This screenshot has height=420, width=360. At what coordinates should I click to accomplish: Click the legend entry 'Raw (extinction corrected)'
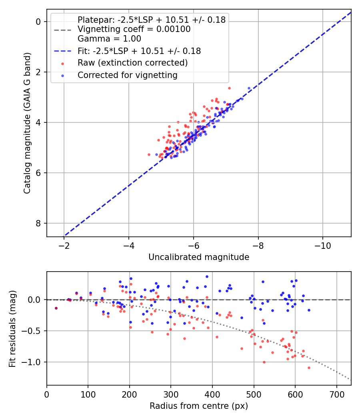(132, 63)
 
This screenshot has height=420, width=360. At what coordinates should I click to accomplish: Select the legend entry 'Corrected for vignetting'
(127, 75)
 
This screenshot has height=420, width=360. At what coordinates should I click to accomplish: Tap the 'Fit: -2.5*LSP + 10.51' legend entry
(139, 51)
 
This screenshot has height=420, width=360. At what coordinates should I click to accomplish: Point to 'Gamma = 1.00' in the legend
(109, 39)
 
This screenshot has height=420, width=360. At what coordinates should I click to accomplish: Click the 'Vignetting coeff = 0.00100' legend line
(134, 29)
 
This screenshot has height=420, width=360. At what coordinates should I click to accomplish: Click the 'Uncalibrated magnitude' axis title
(199, 257)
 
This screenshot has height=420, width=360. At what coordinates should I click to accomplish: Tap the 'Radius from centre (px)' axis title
(199, 406)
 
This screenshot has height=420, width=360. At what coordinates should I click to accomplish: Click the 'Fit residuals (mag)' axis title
(13, 329)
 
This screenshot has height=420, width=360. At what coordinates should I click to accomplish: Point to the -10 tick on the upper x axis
(323, 245)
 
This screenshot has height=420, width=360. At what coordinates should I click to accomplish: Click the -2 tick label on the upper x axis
(64, 245)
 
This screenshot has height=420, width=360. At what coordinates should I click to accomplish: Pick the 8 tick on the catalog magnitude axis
(39, 223)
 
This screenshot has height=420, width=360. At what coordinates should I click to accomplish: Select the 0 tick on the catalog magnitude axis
(39, 22)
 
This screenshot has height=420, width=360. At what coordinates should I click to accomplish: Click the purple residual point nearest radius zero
(56, 308)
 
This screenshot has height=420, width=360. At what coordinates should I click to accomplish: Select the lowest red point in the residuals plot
(309, 368)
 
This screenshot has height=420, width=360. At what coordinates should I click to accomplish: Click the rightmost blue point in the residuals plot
(309, 310)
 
